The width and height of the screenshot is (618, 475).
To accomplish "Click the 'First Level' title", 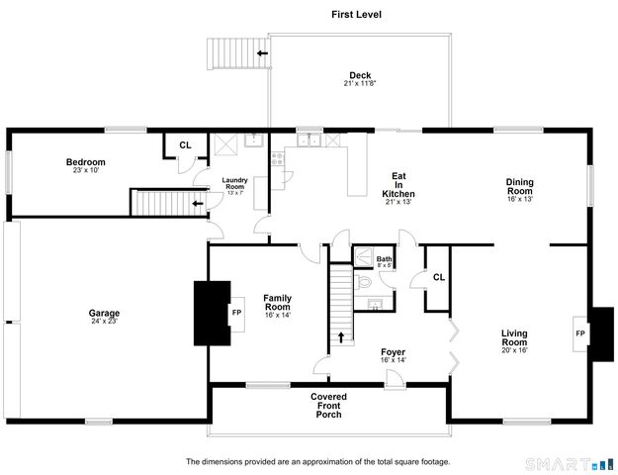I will tap(356, 15).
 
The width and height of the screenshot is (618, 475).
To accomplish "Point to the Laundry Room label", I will tap(234, 183).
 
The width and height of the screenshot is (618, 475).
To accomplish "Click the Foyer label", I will tap(394, 354).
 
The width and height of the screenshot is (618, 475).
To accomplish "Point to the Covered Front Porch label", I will tap(328, 405).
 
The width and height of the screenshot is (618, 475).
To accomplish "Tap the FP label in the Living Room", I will tap(580, 332).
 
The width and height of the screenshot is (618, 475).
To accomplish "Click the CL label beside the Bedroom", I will tap(185, 145).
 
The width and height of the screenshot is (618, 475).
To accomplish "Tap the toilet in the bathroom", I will tap(362, 281).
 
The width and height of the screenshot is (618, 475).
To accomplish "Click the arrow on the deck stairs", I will tap(262, 54).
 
